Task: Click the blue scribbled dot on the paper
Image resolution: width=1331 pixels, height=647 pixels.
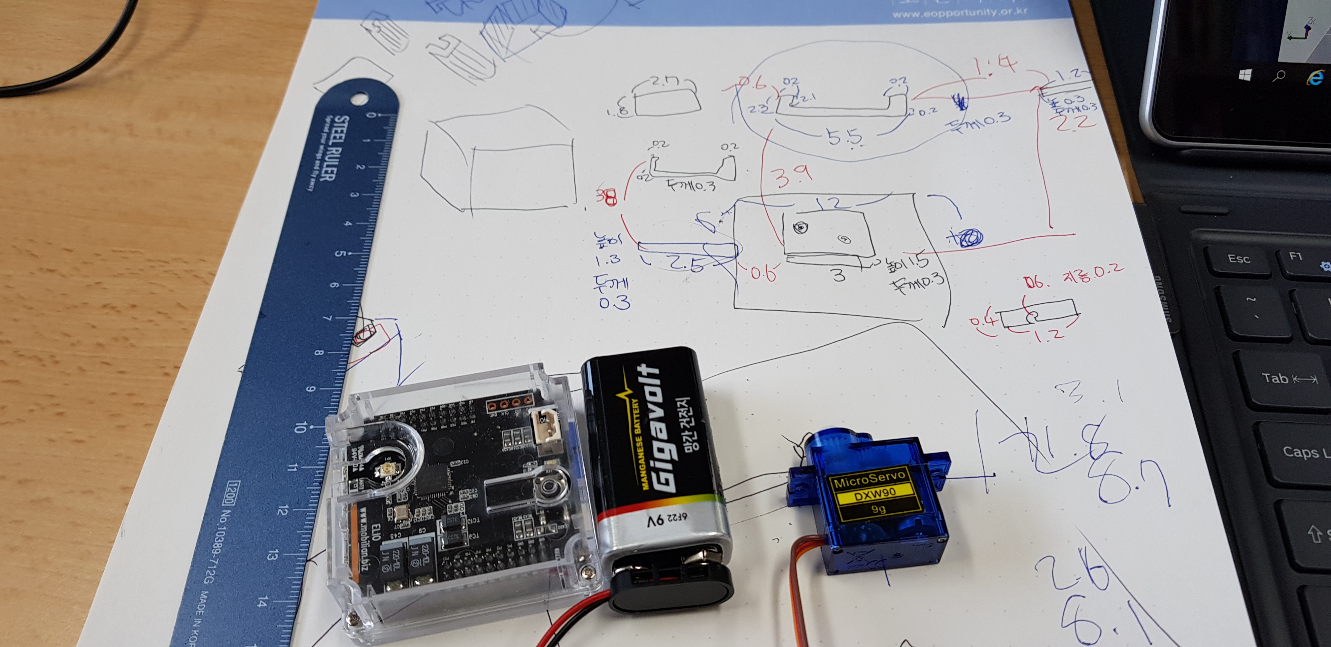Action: pyautogui.click(x=970, y=237)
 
